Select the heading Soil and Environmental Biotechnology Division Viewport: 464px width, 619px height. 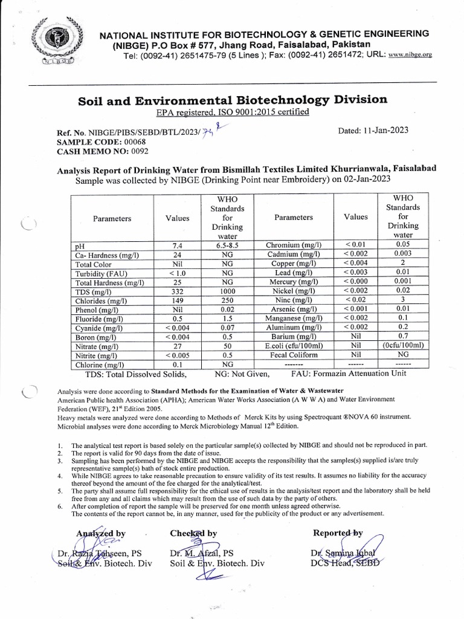[233, 99]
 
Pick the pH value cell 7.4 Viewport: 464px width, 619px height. [177, 245]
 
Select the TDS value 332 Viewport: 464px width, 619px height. [177, 291]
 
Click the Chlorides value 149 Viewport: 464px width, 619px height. [177, 300]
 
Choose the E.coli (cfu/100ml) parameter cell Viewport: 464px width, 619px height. [293, 346]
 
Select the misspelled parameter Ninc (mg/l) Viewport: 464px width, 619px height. [293, 300]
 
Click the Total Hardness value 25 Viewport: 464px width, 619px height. [177, 282]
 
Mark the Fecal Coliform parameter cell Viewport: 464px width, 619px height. [293, 355]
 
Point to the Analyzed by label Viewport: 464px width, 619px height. [100, 533]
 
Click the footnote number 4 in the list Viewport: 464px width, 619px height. [60, 476]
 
